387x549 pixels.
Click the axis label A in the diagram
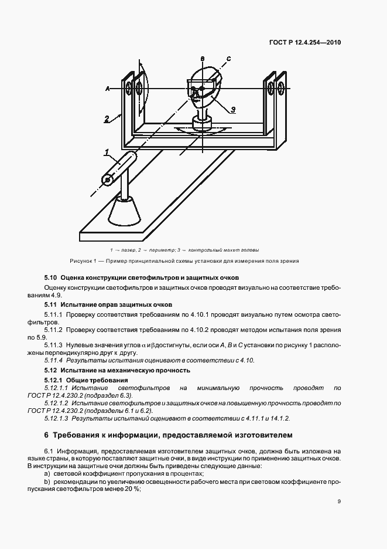point(108,89)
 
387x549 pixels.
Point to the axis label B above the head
point(201,59)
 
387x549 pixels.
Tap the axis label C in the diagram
point(229,59)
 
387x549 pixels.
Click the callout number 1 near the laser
point(107,152)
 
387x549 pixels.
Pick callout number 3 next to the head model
point(232,109)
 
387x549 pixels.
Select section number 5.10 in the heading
point(50,277)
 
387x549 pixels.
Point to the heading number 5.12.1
point(54,381)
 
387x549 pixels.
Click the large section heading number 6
point(47,435)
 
